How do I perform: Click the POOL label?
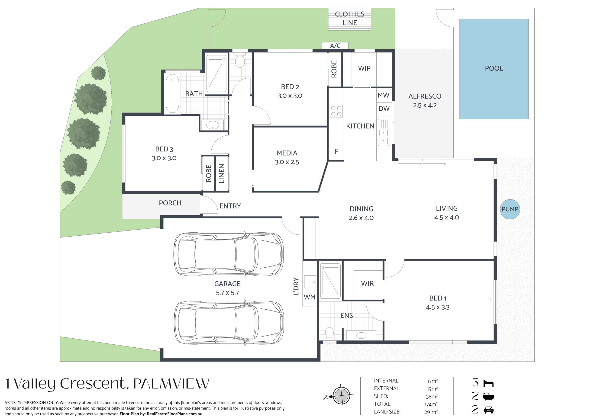click(494, 68)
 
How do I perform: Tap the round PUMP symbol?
click(510, 209)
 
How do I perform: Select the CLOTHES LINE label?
click(349, 18)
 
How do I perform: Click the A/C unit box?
click(335, 45)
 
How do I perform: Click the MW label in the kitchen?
click(383, 95)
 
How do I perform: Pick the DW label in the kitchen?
click(384, 108)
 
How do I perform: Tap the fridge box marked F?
click(336, 151)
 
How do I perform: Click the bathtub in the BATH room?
click(172, 93)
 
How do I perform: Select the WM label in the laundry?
click(310, 297)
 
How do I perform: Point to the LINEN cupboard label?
click(222, 173)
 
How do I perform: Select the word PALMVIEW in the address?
click(171, 384)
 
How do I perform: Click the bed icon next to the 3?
click(489, 383)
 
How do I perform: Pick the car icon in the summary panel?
click(488, 410)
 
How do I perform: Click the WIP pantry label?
click(364, 68)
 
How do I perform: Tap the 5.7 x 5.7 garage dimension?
click(227, 293)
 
